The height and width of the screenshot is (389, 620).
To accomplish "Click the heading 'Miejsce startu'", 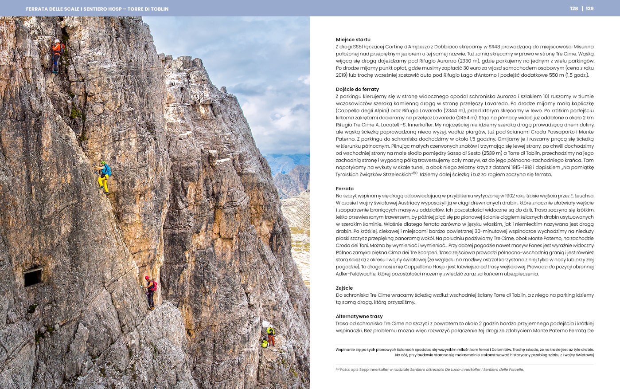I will tap(353, 39).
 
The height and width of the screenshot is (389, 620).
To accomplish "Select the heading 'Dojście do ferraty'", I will tap(357, 89).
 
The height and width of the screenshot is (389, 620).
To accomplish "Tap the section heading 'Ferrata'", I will tap(345, 189).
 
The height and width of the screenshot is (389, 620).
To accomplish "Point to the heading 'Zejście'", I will tap(344, 288).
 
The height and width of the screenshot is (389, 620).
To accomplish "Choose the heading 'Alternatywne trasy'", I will tap(359, 316).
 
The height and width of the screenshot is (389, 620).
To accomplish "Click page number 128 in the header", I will tap(574, 8).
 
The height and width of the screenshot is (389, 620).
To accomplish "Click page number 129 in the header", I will tap(590, 8).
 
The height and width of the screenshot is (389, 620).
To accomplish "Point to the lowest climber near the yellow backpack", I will tap(270, 336).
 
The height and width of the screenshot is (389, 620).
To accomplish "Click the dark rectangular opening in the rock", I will tap(33, 277).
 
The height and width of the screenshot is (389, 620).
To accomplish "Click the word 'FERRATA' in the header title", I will tap(37, 9).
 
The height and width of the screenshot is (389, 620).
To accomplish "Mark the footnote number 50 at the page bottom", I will tap(338, 369).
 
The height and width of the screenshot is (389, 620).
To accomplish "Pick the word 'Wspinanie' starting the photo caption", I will tap(345, 350).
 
